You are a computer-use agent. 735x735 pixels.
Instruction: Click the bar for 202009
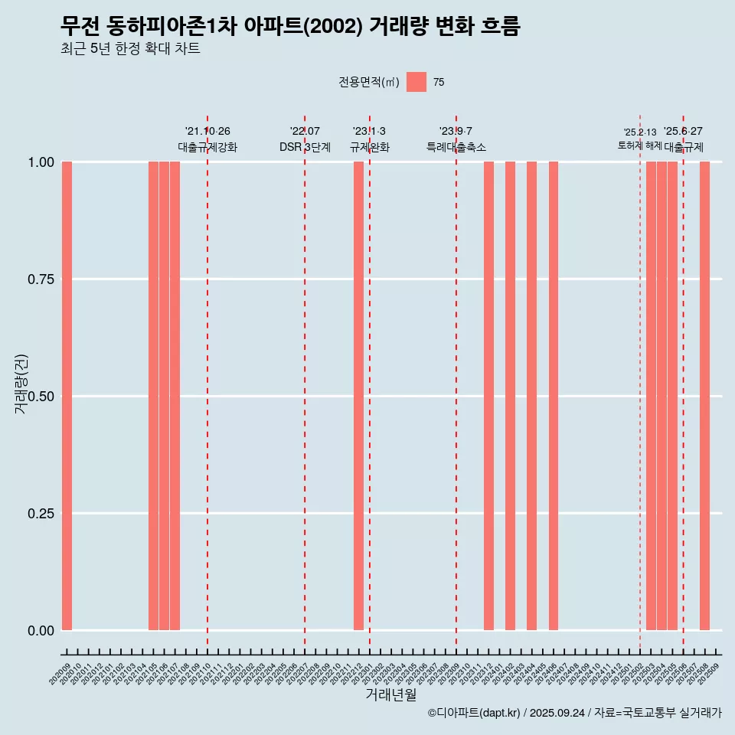coord(67,396)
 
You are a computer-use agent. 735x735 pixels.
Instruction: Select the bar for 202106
coord(164,396)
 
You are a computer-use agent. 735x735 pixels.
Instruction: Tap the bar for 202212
coord(358,396)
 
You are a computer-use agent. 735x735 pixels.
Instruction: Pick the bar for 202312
coord(488,396)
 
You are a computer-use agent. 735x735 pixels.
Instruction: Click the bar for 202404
coord(531,396)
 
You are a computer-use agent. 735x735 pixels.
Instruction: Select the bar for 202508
coord(704,396)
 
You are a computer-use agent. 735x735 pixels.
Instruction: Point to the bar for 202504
coord(661,396)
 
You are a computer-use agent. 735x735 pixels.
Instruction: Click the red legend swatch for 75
coord(416,82)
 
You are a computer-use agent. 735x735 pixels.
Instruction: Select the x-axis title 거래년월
coord(390,695)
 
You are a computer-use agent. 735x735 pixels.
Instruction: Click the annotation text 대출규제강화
coord(207,147)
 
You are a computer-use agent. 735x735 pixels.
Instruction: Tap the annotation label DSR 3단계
coord(305,147)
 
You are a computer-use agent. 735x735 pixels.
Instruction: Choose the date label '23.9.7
coord(456,131)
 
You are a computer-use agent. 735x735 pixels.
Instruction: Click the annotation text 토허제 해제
coord(639,145)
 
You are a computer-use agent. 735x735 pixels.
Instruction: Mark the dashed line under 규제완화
coord(370,383)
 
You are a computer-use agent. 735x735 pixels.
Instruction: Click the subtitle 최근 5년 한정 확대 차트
coord(130,49)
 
